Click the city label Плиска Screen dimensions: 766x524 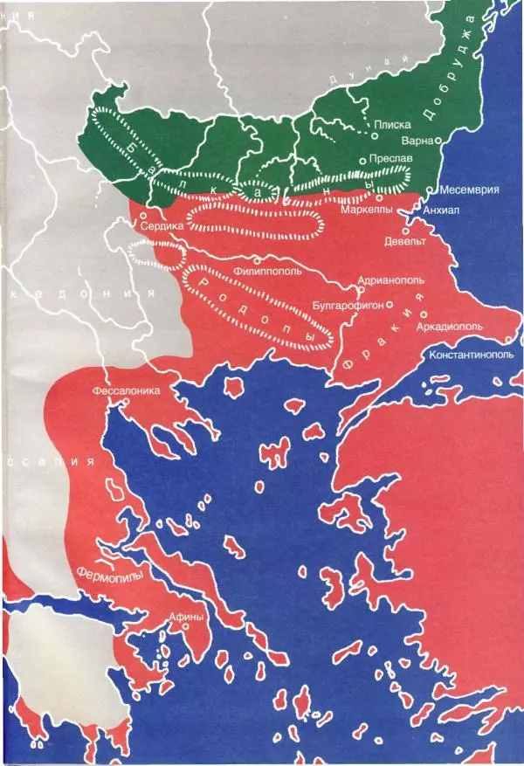[392, 125]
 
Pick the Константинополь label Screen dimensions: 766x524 [475, 355]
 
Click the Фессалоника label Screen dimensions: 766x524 [127, 391]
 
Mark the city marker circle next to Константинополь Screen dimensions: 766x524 [509, 340]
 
